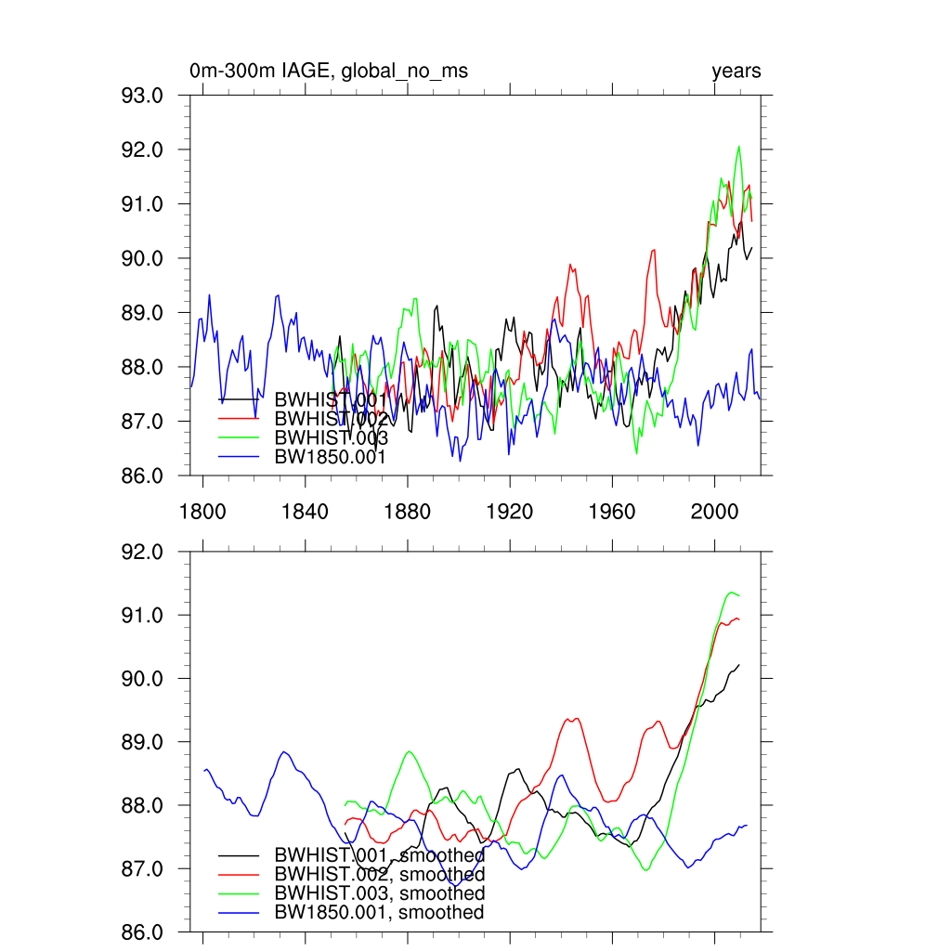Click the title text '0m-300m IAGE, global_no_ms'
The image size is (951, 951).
pos(328,72)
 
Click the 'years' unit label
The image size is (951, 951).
pos(736,72)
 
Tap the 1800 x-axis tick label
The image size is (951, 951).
pos(203,512)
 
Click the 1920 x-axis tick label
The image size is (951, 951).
pos(509,512)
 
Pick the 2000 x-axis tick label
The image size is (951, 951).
pos(714,512)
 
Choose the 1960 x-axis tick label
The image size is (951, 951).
pos(612,512)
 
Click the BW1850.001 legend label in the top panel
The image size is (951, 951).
pos(330,456)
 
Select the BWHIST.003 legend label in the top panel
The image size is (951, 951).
pos(331,437)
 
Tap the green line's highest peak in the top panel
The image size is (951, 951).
pos(739,147)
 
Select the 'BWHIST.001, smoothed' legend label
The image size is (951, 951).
pos(379,855)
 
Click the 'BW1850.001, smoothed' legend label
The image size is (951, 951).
pos(379,913)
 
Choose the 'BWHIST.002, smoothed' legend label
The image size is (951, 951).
pos(379,875)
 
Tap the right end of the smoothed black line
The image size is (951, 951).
pos(739,665)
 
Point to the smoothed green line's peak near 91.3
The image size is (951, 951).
pos(731,592)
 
